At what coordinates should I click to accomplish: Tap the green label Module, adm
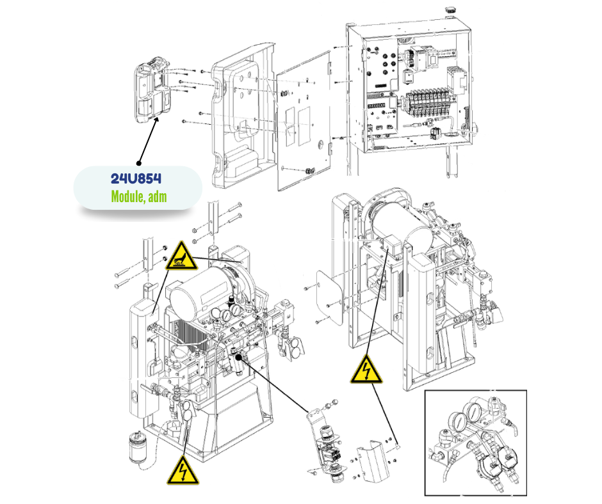[138, 196]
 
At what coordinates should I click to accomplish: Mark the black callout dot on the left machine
[239, 354]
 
